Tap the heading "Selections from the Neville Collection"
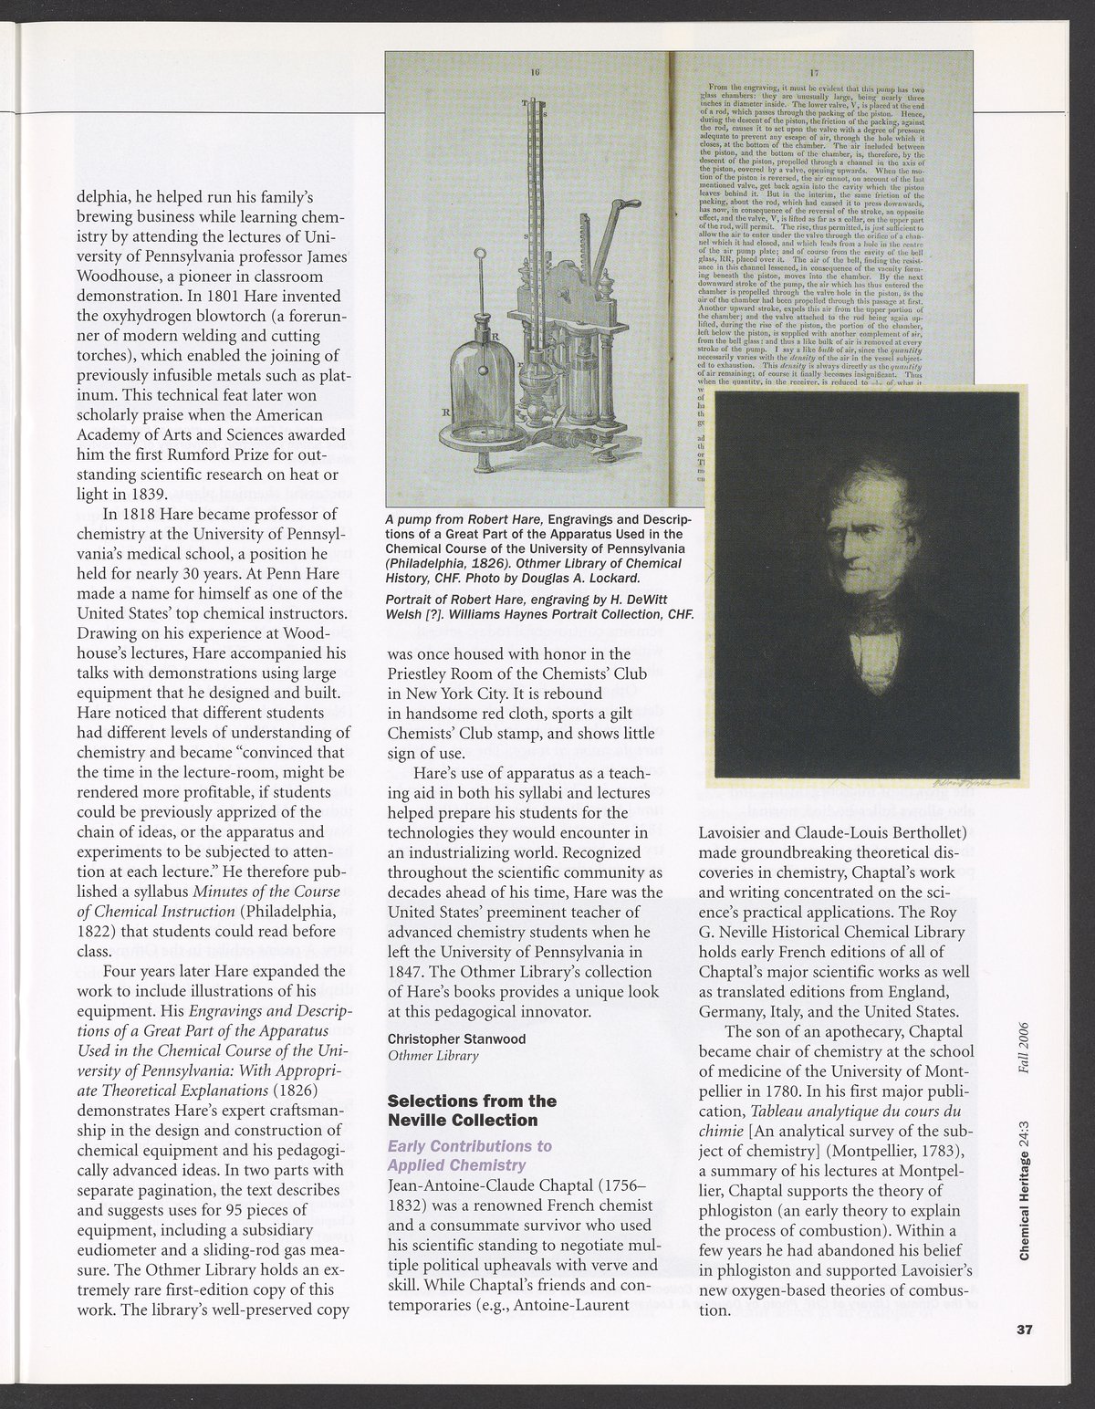point(472,1111)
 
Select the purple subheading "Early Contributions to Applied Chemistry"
point(469,1154)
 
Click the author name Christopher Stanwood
point(456,1038)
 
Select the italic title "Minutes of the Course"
point(266,892)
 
